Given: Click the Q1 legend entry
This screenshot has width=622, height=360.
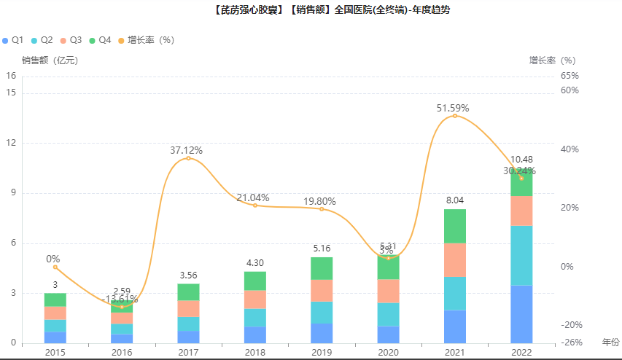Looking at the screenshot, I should coord(14,39).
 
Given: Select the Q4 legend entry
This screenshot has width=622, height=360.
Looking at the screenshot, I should coord(100,39).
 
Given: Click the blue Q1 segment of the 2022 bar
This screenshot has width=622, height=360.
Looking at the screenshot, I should coord(521,314).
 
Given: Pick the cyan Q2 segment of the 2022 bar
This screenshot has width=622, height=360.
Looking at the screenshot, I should coord(521,255).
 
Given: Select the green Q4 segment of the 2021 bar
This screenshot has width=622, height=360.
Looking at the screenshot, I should coord(455,226).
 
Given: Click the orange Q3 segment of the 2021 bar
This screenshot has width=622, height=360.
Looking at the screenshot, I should coord(455,259).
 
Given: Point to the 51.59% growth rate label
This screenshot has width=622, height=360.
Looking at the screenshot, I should coord(453,108).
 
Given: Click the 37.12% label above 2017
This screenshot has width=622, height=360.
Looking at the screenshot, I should coord(187,150).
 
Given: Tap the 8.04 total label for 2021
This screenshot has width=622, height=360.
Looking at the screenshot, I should coord(455,200).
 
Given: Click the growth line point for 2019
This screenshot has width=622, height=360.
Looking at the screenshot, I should coord(322,209).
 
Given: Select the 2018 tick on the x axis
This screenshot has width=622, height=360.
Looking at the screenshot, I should coord(254,352).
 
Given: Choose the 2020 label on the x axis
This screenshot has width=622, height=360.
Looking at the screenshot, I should coord(387,352).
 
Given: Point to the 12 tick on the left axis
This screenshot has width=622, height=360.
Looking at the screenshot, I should coord(11,143).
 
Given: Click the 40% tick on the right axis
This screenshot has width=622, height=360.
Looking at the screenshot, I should coord(569,149).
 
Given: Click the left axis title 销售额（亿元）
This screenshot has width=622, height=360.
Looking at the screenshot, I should coord(50,60).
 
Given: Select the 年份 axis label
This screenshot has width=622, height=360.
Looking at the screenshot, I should coord(610,342).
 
